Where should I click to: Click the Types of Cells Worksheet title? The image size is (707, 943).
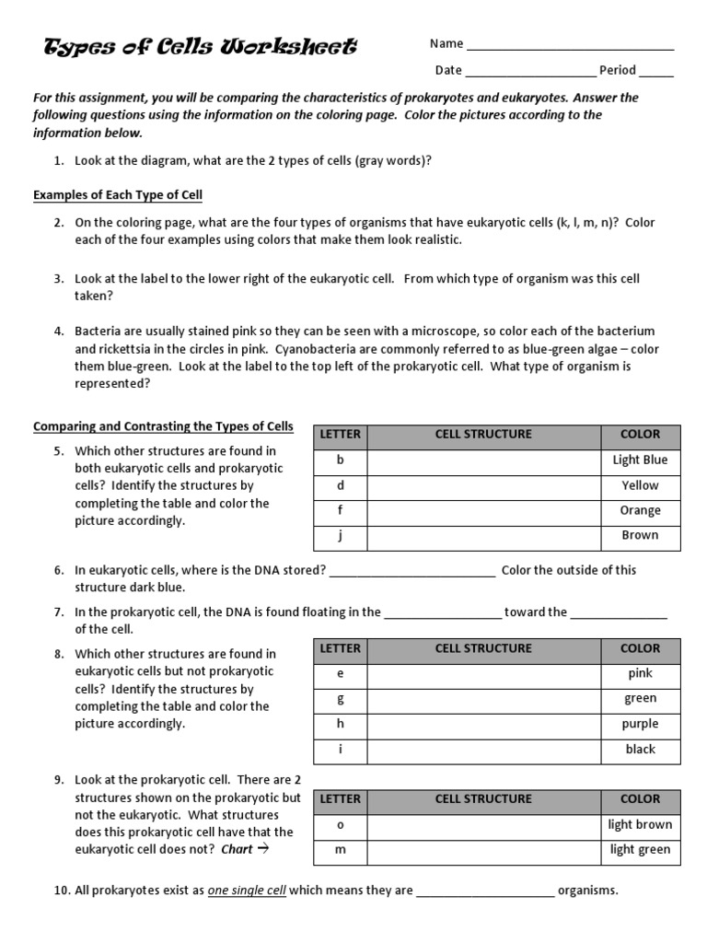(x=201, y=47)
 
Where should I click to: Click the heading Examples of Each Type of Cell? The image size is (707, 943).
(x=118, y=195)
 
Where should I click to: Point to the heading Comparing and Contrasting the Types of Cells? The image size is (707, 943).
(x=163, y=426)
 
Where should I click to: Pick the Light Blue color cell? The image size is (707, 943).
(x=640, y=460)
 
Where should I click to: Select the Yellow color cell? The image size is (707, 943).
(x=640, y=485)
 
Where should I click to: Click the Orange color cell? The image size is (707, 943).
(x=640, y=510)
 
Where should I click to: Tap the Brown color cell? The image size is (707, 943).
(x=640, y=535)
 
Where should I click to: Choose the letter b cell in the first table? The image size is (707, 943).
(x=340, y=460)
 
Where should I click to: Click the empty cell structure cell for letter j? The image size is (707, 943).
(x=483, y=535)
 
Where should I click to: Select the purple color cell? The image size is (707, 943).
(x=640, y=724)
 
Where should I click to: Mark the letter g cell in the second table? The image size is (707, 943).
(x=340, y=699)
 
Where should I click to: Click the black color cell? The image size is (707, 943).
(x=640, y=750)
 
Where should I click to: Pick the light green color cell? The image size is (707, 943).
(x=640, y=850)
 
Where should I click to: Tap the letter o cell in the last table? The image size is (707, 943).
(x=340, y=825)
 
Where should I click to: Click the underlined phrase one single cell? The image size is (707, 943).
(x=260, y=891)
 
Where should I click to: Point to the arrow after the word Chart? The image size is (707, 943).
(x=262, y=849)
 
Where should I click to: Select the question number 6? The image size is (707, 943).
(x=58, y=570)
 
